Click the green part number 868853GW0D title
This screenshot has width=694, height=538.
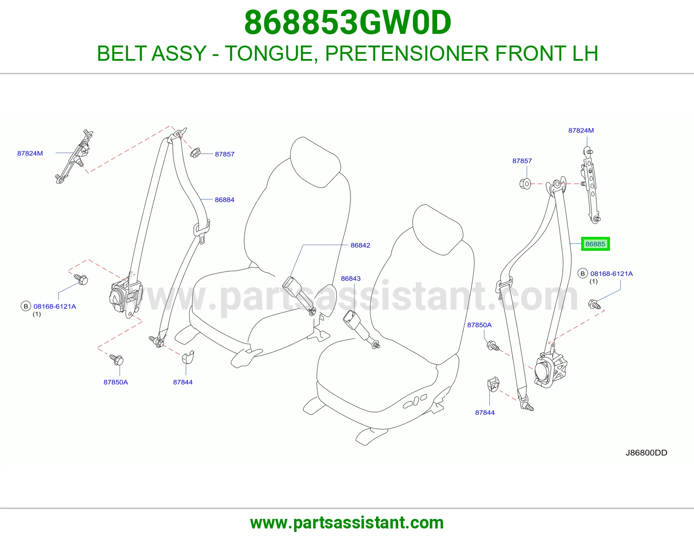tap(347, 23)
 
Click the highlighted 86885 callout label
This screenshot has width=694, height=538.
tap(595, 244)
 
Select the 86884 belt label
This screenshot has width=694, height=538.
tap(225, 200)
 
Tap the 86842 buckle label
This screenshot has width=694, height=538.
tap(360, 246)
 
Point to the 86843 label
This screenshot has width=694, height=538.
tap(350, 279)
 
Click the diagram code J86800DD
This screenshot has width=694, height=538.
tap(646, 453)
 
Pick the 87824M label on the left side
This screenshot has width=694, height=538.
tap(30, 153)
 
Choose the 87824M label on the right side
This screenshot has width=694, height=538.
tap(581, 130)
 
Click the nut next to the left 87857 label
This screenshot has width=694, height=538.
tap(195, 153)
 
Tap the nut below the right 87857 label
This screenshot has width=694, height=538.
tap(525, 184)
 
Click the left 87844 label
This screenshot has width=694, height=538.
tap(183, 382)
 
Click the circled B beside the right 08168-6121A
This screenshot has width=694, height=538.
tap(583, 273)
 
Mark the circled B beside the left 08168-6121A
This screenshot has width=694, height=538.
tap(26, 306)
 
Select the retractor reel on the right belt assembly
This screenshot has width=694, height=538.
tap(550, 369)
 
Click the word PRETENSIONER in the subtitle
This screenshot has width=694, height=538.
tap(407, 53)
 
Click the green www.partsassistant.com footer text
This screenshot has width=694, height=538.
tap(347, 523)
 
